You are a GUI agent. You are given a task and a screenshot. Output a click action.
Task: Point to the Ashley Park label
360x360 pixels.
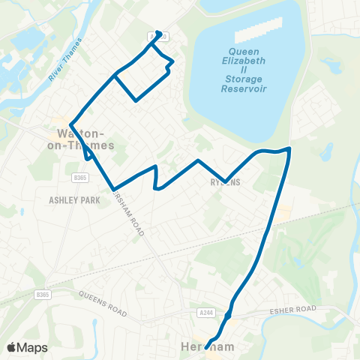73,200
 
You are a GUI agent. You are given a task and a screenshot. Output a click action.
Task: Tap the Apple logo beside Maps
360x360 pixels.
11,346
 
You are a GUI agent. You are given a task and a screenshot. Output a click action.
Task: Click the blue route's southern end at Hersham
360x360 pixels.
205,347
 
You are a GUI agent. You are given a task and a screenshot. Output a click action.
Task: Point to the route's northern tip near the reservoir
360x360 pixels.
158,32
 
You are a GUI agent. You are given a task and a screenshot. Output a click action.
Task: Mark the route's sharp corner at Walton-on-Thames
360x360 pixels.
70,124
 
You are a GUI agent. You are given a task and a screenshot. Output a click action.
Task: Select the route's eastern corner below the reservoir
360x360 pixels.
289,148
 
